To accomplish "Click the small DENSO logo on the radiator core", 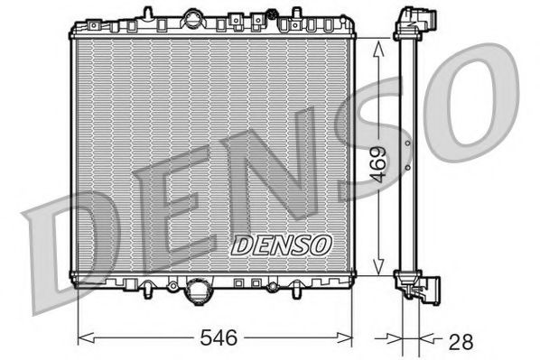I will pyautogui.click(x=282, y=245).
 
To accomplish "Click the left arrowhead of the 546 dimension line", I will pyautogui.click(x=84, y=338).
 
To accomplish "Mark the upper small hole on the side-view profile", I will pyautogui.click(x=408, y=143).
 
